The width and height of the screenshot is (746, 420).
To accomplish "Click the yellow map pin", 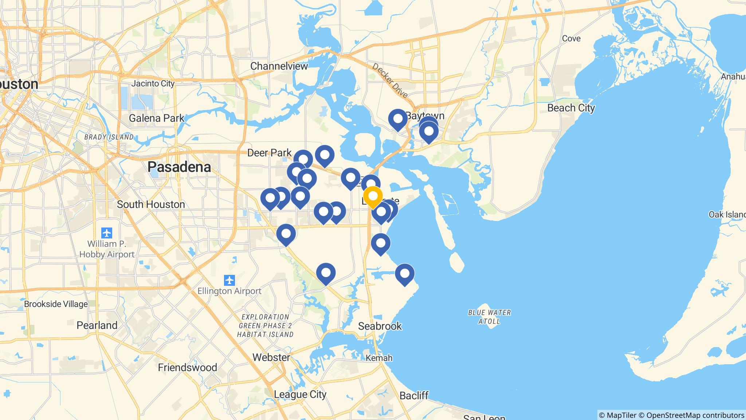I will pyautogui.click(x=373, y=196).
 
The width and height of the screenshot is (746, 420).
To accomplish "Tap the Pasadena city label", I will pyautogui.click(x=179, y=167).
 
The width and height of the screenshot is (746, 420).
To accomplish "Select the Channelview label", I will pyautogui.click(x=279, y=66).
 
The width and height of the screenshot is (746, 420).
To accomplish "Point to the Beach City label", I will pyautogui.click(x=571, y=108).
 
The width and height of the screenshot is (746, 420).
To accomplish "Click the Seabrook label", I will pyautogui.click(x=380, y=326).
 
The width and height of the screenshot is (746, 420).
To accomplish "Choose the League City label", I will pyautogui.click(x=300, y=394).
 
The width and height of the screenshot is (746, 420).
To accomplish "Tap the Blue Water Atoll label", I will pyautogui.click(x=490, y=316).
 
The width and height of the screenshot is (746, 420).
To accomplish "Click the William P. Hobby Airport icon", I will pyautogui.click(x=107, y=233).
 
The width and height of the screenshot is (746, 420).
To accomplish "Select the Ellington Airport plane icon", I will pyautogui.click(x=229, y=280).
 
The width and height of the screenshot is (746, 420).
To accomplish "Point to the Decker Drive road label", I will pyautogui.click(x=390, y=81).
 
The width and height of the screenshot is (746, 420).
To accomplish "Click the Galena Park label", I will pyautogui.click(x=157, y=118).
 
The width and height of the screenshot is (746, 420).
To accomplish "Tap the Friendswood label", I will pyautogui.click(x=187, y=367).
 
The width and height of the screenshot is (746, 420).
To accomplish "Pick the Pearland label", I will pyautogui.click(x=97, y=325).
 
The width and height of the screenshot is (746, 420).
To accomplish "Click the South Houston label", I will pyautogui.click(x=151, y=204).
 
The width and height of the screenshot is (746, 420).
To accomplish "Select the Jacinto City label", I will pyautogui.click(x=153, y=83).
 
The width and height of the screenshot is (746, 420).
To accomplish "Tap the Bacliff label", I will pyautogui.click(x=414, y=396).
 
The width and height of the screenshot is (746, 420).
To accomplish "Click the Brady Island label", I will pyautogui.click(x=109, y=137).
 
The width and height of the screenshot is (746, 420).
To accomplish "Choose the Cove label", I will pyautogui.click(x=571, y=38).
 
